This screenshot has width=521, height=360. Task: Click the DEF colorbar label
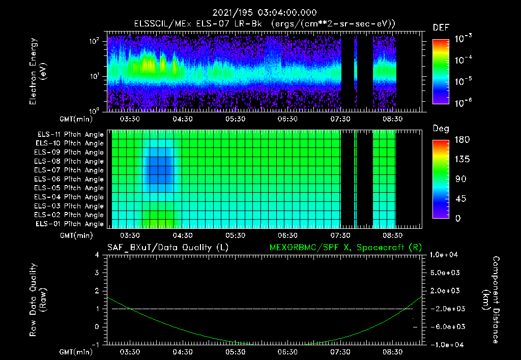tap(441, 27)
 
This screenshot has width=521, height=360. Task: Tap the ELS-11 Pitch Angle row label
tap(70, 134)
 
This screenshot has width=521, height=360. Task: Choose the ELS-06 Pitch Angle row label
tap(70, 179)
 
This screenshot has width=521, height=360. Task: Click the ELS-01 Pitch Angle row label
tap(70, 224)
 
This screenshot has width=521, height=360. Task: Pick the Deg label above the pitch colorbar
tap(441, 129)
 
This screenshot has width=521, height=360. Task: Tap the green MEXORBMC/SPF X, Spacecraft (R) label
tap(346, 247)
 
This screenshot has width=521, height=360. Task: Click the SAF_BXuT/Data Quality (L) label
tap(167, 247)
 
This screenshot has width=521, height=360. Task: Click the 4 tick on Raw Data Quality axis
tap(97, 255)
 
